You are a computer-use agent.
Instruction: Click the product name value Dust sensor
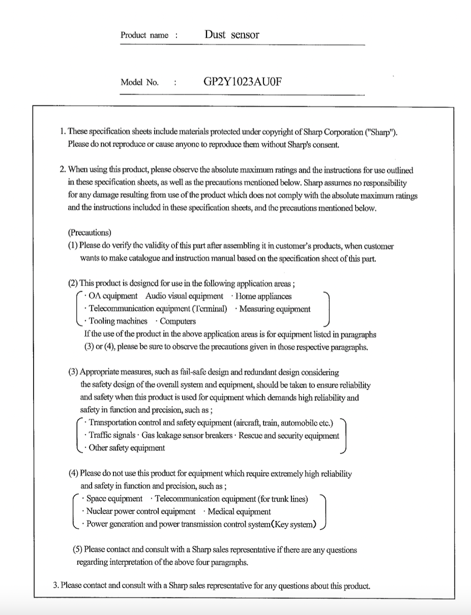coord(231,35)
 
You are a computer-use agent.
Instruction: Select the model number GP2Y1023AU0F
coord(242,81)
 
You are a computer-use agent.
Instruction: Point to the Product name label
coord(144,36)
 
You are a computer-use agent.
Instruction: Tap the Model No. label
coord(139,82)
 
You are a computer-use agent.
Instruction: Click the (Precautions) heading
coord(89,233)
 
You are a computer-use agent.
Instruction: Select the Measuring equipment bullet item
coord(275,309)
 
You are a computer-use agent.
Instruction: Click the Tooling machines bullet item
coord(118,321)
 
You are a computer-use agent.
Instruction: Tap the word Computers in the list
coord(178,321)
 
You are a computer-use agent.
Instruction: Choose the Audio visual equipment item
coord(184,296)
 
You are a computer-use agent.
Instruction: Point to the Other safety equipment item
coord(127,448)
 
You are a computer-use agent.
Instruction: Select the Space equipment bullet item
coord(114,499)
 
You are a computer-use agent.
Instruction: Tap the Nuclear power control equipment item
coord(141,512)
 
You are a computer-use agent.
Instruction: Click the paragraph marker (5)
coord(78,549)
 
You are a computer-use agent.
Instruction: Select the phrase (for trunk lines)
coord(282,499)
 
